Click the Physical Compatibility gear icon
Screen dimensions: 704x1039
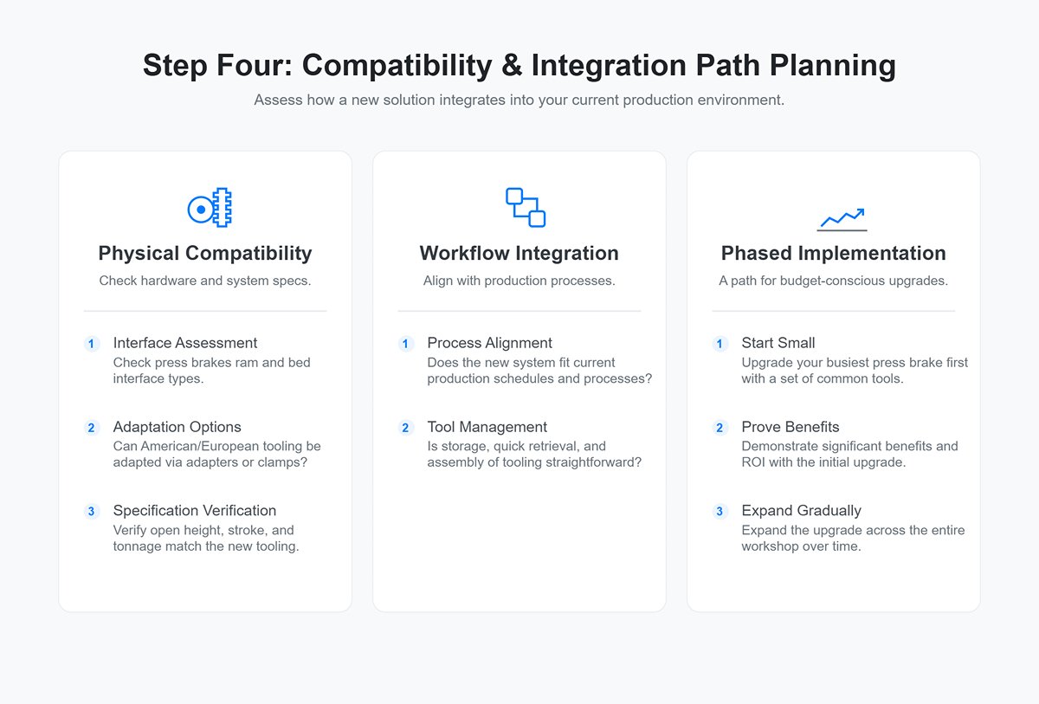point(210,208)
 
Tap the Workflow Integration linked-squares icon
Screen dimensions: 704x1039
point(525,208)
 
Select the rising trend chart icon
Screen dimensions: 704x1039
point(842,219)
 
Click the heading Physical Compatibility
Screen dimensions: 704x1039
point(205,254)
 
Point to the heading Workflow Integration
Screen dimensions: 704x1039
point(519,254)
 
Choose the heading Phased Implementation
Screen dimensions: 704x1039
point(833,254)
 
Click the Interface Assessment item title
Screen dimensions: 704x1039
point(185,343)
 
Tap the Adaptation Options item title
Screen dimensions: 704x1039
point(177,427)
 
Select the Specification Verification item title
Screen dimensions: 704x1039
point(195,511)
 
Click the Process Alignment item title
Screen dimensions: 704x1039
point(490,343)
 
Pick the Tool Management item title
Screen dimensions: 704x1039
point(487,427)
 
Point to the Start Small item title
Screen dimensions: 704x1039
point(778,343)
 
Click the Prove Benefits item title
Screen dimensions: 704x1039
point(791,427)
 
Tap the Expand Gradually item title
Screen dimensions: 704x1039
point(802,511)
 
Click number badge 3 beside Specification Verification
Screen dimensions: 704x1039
point(92,512)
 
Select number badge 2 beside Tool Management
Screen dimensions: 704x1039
point(406,428)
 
